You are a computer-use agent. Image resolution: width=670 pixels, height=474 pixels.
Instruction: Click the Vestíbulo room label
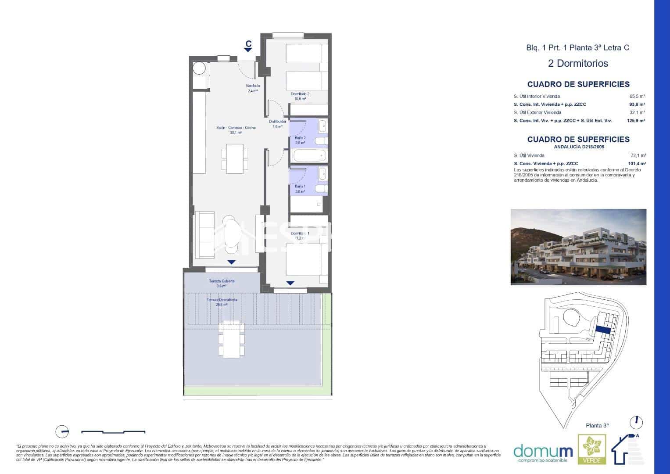tap(252, 88)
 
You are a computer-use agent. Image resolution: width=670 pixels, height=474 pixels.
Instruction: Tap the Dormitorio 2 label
tap(300, 96)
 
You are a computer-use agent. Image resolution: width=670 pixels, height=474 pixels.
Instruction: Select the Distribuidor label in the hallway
tap(277, 124)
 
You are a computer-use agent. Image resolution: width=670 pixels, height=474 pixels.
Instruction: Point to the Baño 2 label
tap(300, 140)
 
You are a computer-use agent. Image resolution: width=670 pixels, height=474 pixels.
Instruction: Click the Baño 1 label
tap(300, 189)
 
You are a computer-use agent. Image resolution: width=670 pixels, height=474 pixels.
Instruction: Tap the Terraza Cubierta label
tap(222, 283)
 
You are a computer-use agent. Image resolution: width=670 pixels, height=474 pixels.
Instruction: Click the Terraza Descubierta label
tap(222, 302)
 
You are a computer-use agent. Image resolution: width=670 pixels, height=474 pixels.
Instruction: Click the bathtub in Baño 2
tap(310, 156)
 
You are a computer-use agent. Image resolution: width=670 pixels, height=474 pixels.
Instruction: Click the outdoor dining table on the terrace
tap(232, 338)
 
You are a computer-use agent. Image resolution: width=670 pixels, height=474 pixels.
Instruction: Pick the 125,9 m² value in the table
tap(636, 120)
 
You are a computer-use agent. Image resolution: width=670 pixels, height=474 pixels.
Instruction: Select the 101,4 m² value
tap(637, 163)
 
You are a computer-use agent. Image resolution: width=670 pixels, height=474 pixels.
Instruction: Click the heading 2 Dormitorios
tap(578, 63)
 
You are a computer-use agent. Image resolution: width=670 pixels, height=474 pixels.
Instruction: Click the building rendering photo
tap(578, 247)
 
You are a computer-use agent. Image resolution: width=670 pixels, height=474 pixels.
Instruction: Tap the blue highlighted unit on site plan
tap(603, 330)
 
